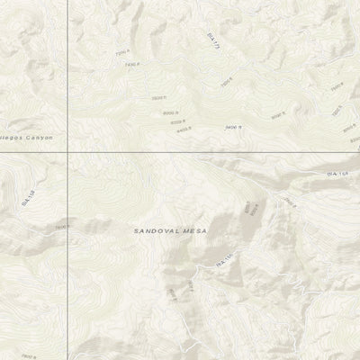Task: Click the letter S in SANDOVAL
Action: [x=137, y=231]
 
